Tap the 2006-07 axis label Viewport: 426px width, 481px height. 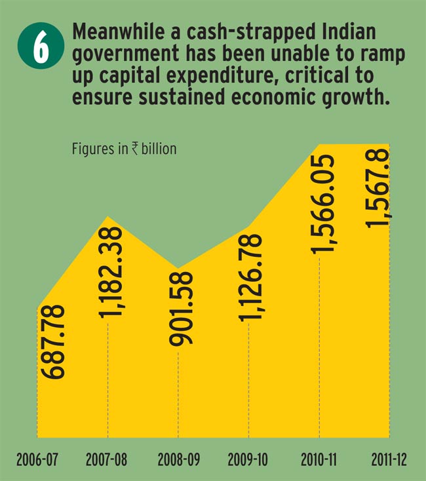pyautogui.click(x=37, y=459)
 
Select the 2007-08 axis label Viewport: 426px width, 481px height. pyautogui.click(x=107, y=459)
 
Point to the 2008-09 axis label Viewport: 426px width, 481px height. pyautogui.click(x=178, y=459)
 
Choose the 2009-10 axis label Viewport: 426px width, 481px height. pyautogui.click(x=249, y=459)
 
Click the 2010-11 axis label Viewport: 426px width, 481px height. pyautogui.click(x=320, y=459)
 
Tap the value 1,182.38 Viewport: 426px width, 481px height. pyautogui.click(x=113, y=273)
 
